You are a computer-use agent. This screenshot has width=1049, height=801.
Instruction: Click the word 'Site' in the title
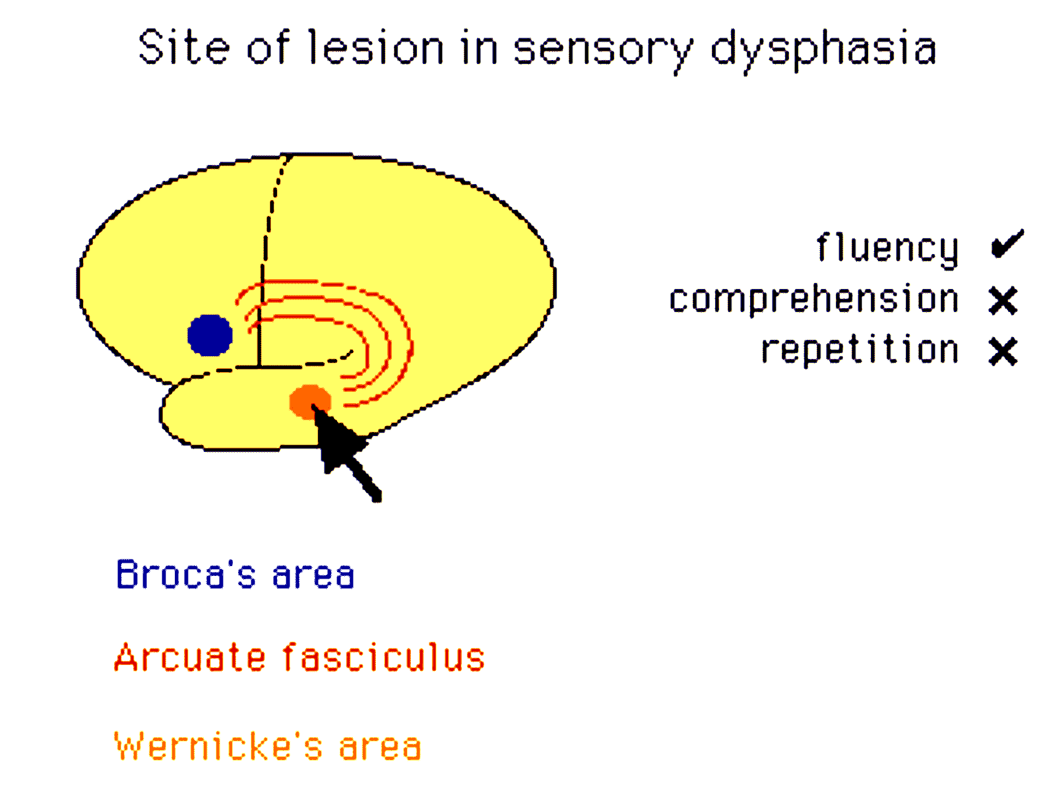tap(183, 48)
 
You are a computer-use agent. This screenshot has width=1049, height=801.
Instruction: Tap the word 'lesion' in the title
tap(376, 48)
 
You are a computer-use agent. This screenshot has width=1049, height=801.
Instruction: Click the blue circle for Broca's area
tap(210, 335)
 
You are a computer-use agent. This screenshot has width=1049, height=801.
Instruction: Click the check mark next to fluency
tap(1007, 244)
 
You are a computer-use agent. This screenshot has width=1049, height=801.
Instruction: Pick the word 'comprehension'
tap(814, 299)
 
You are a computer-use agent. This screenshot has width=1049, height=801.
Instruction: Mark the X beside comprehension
tap(1003, 301)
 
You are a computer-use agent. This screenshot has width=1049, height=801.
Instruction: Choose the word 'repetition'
tap(860, 350)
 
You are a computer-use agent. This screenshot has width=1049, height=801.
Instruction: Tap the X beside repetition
tap(1003, 351)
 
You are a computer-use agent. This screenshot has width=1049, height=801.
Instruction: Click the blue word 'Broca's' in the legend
tap(186, 574)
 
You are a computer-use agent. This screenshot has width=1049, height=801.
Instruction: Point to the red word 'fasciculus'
tap(383, 657)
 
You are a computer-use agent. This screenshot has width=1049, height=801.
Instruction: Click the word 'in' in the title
tap(480, 48)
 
